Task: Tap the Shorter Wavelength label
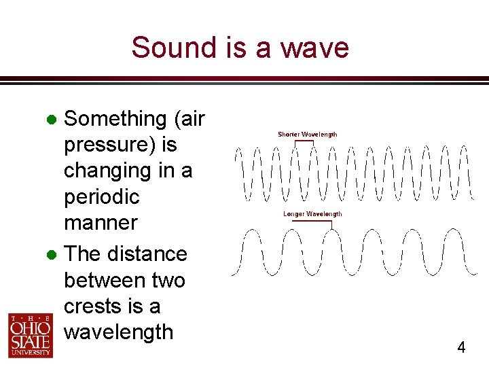tap(307, 135)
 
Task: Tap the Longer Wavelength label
tap(312, 214)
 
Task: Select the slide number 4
tap(461, 348)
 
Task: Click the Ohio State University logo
tap(30, 335)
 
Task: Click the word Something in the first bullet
tap(115, 119)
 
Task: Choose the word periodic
tap(101, 196)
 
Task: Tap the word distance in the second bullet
tap(146, 254)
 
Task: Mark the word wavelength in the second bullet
tap(118, 332)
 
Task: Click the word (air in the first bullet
tap(189, 119)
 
